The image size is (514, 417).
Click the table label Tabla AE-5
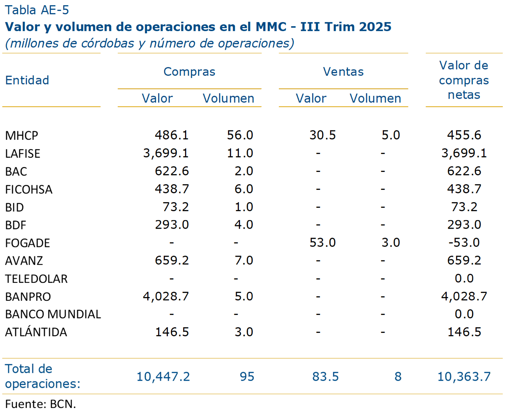pos(37,10)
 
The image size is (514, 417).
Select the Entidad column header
pos(27,80)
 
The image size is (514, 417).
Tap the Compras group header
pos(189,71)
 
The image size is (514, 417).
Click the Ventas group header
pos(343,71)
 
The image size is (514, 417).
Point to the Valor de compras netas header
pos(464,80)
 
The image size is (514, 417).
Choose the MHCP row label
pos(22,135)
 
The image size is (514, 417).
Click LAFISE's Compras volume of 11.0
pos(240,153)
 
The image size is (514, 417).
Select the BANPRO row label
pos(28,296)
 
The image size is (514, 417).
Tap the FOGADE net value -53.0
pos(464,243)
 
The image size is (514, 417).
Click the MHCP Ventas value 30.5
pos(322,135)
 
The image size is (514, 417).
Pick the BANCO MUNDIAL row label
pos(53,314)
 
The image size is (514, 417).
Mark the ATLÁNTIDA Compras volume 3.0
pos(244,332)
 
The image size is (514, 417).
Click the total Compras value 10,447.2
pos(163,377)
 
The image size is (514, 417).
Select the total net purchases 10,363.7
pos(464,377)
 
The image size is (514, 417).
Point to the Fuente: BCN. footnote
pos(40,404)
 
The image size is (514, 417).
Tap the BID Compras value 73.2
pos(176,207)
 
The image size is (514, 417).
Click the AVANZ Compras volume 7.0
pos(244,260)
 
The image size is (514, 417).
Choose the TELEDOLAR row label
pos(36,279)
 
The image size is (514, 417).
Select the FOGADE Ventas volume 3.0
pos(391,243)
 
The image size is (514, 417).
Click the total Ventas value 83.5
pos(325,377)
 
